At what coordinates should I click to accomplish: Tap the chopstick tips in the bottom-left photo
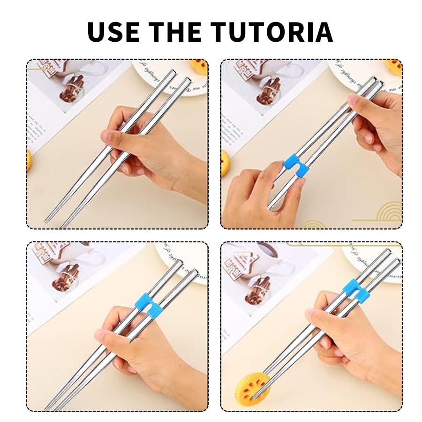(52, 404)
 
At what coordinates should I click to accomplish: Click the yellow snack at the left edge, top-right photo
(224, 162)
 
